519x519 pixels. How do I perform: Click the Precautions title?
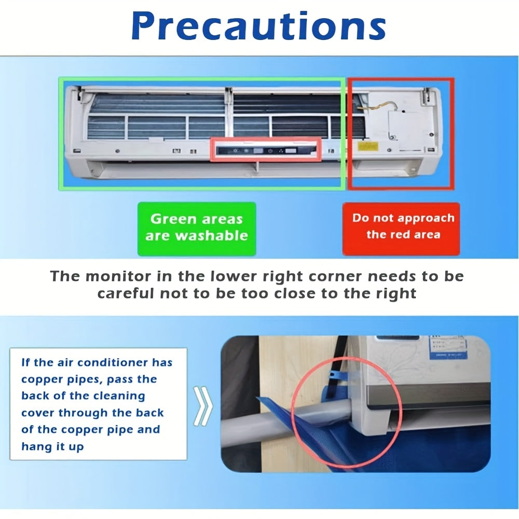(258, 26)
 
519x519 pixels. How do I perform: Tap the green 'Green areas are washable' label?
(197, 229)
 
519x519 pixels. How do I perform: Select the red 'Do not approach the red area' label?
(401, 229)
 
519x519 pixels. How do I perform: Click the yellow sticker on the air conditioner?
(368, 146)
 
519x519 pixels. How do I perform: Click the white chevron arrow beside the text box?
(202, 406)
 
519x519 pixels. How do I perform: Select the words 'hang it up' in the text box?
(52, 446)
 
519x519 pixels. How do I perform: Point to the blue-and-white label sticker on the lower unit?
(447, 347)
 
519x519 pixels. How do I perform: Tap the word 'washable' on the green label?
(212, 236)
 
